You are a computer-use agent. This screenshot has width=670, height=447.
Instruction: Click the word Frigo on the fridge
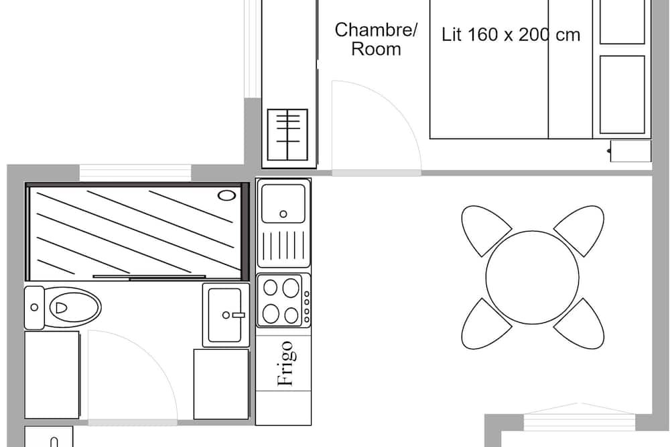(x=285, y=363)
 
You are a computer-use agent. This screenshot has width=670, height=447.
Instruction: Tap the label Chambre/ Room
(x=376, y=40)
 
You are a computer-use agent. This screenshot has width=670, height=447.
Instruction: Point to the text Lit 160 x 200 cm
(x=511, y=35)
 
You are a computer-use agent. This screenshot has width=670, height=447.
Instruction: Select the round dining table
(x=533, y=277)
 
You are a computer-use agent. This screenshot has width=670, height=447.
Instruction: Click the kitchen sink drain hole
(x=283, y=214)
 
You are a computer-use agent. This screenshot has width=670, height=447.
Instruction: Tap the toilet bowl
(x=72, y=307)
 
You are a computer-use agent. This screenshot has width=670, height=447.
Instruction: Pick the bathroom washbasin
(x=226, y=315)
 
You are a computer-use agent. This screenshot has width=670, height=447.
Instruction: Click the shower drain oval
(x=226, y=196)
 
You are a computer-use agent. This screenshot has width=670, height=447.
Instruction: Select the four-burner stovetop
(x=283, y=301)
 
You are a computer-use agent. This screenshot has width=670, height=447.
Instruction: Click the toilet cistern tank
(x=34, y=307)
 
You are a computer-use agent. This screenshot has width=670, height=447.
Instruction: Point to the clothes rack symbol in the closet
(x=287, y=134)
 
